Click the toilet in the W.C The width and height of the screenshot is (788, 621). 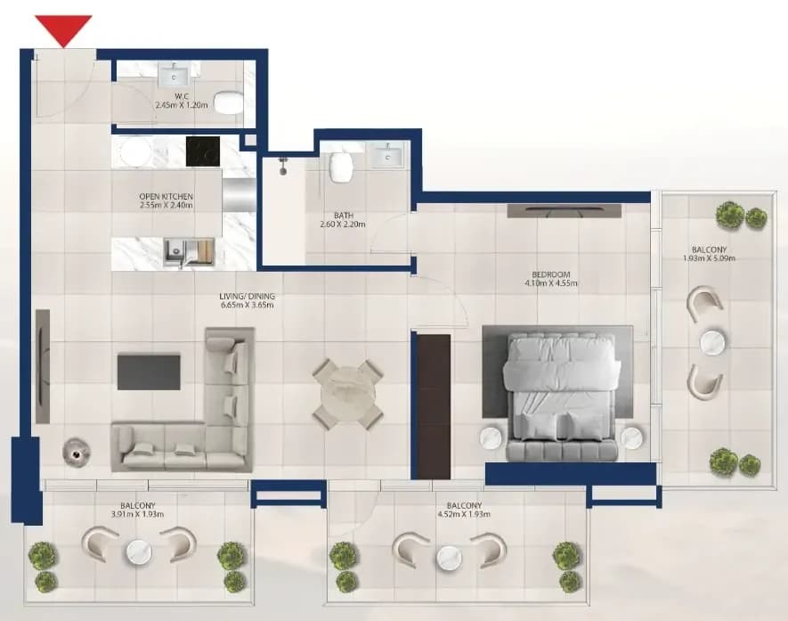click(x=228, y=102)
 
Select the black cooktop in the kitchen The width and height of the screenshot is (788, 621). click(x=202, y=151)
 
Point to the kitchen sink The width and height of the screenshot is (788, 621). click(x=189, y=252)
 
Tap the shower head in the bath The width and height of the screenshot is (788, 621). click(x=284, y=166)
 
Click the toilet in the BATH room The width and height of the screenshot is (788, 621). click(x=340, y=167)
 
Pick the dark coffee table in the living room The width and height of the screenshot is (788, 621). click(x=149, y=372)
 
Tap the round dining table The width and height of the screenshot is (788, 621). click(x=348, y=394)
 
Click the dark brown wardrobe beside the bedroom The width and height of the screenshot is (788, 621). click(x=434, y=406)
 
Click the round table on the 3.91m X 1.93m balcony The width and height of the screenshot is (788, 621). click(x=139, y=552)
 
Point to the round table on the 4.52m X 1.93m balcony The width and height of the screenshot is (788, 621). click(x=450, y=558)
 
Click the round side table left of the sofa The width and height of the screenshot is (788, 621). click(x=77, y=453)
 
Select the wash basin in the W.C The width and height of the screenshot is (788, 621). click(x=175, y=76)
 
